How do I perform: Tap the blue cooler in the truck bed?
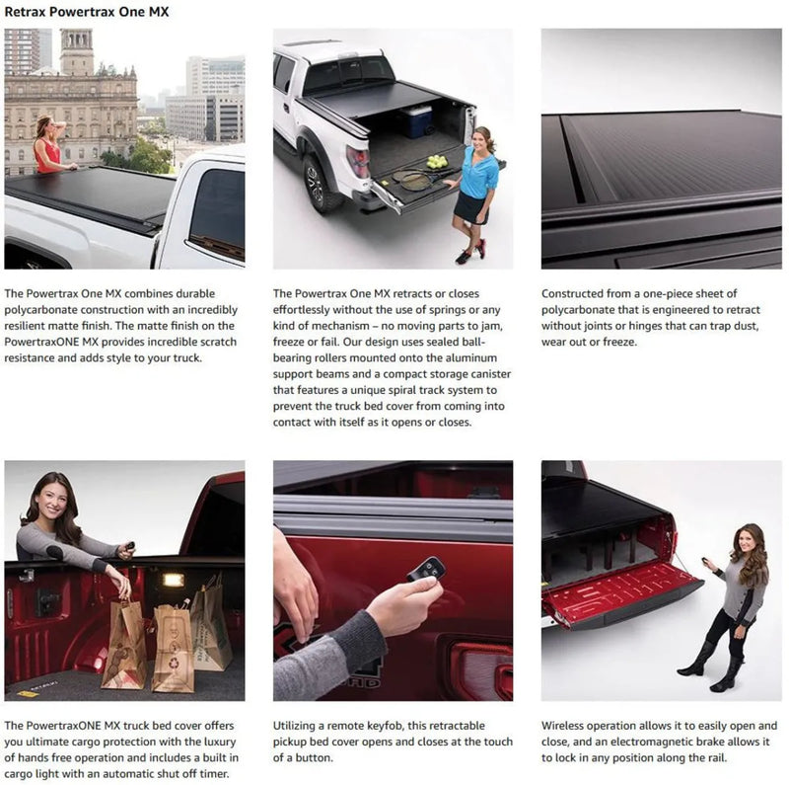tap(416, 120)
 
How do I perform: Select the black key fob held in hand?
tap(427, 571)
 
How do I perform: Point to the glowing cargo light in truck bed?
tap(174, 580)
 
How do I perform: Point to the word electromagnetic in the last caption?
tap(671, 742)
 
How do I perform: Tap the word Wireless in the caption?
tap(568, 726)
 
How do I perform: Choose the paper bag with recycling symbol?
tap(174, 646)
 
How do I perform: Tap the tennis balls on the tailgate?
tap(433, 162)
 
